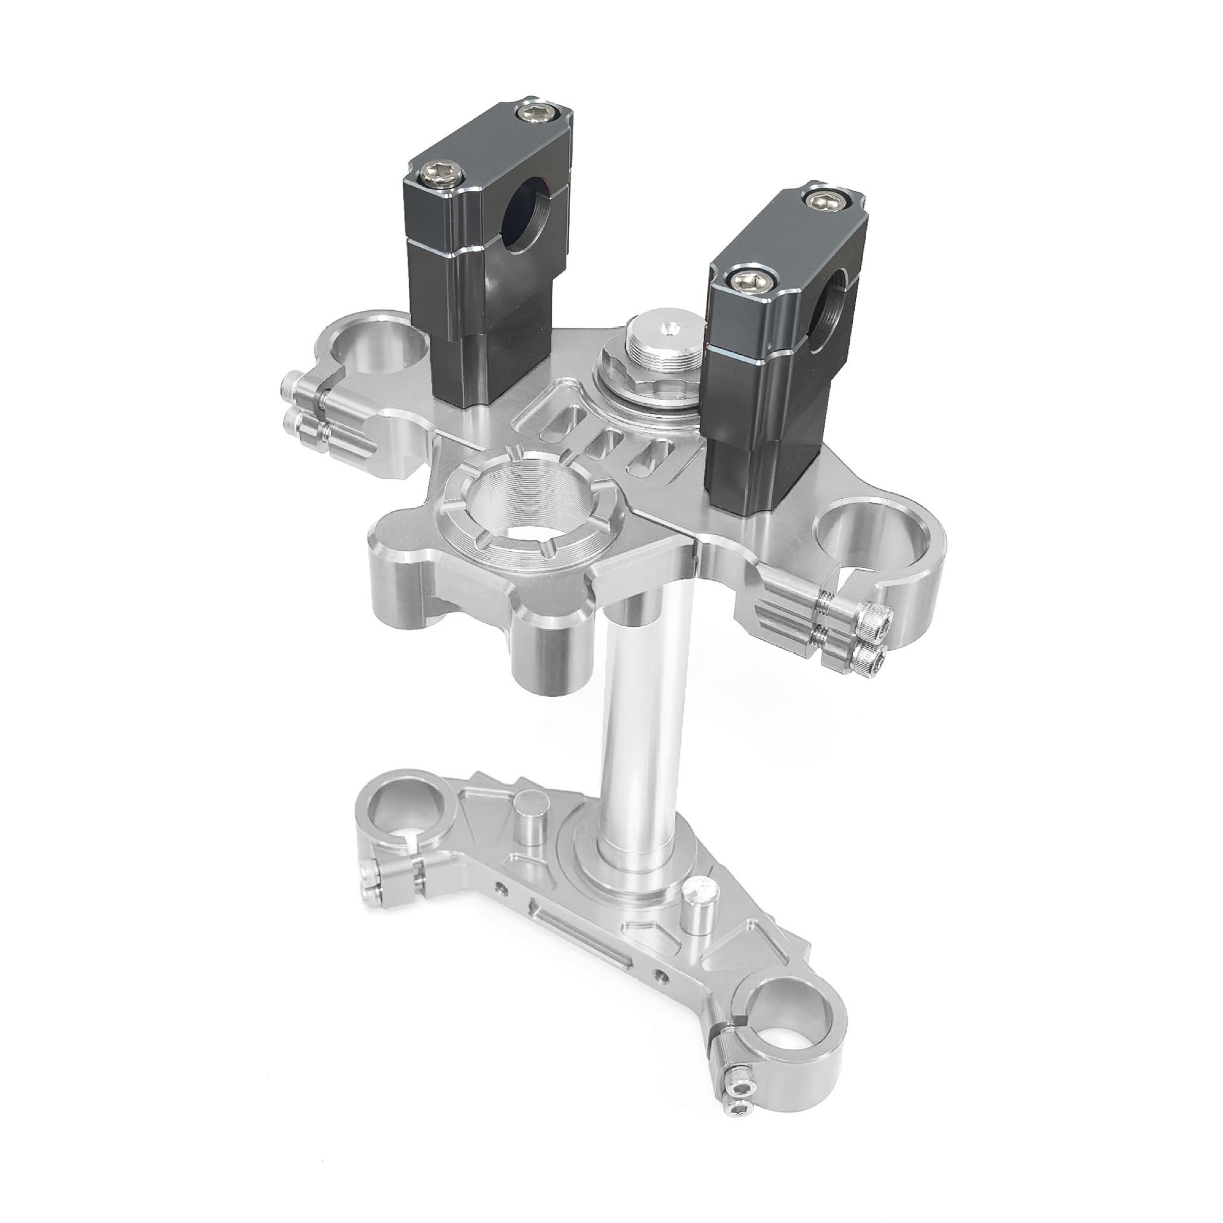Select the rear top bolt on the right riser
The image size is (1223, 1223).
(824, 200)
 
